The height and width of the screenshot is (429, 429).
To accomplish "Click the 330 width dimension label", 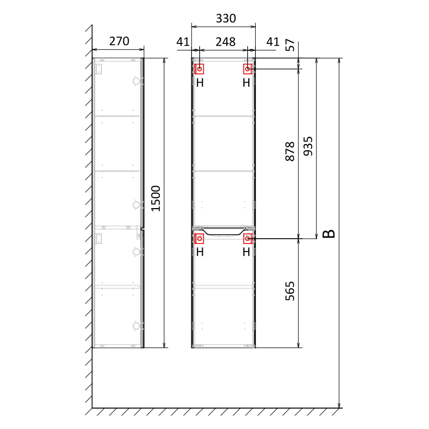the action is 226,19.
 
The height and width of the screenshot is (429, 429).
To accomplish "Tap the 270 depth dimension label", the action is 119,41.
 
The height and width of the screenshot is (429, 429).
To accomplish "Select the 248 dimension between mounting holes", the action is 225,42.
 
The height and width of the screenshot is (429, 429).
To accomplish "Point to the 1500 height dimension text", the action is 156,198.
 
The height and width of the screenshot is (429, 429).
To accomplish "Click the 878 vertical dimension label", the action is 290,151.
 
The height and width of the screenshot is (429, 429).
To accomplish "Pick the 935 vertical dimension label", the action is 308,146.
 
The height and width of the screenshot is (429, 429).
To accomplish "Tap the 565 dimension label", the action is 290,291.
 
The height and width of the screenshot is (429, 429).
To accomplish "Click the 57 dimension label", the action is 290,45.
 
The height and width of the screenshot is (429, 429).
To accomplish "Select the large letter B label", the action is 329,234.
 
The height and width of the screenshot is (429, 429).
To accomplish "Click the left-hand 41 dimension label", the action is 183,42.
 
